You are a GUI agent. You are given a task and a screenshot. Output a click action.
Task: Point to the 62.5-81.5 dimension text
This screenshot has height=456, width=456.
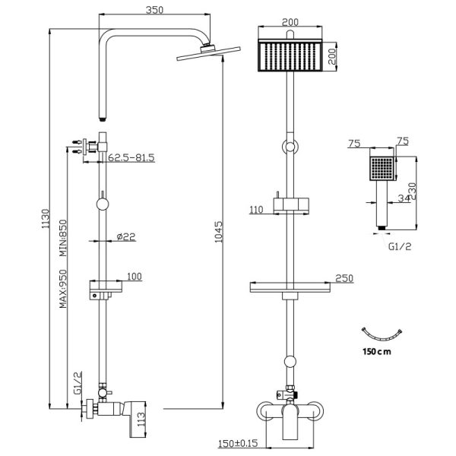click(x=131, y=158)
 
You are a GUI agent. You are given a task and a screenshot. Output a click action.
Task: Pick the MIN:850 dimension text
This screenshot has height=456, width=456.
click(x=65, y=238)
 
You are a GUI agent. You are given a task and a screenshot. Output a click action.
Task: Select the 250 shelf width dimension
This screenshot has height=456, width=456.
click(x=344, y=278)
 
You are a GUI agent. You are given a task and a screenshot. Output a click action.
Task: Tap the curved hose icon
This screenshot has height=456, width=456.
click(x=382, y=334)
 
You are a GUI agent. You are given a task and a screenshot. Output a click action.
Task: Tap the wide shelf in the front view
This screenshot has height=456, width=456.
click(x=290, y=287)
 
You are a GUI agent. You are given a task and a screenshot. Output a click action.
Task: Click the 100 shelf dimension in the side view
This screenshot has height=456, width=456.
click(x=134, y=277)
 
